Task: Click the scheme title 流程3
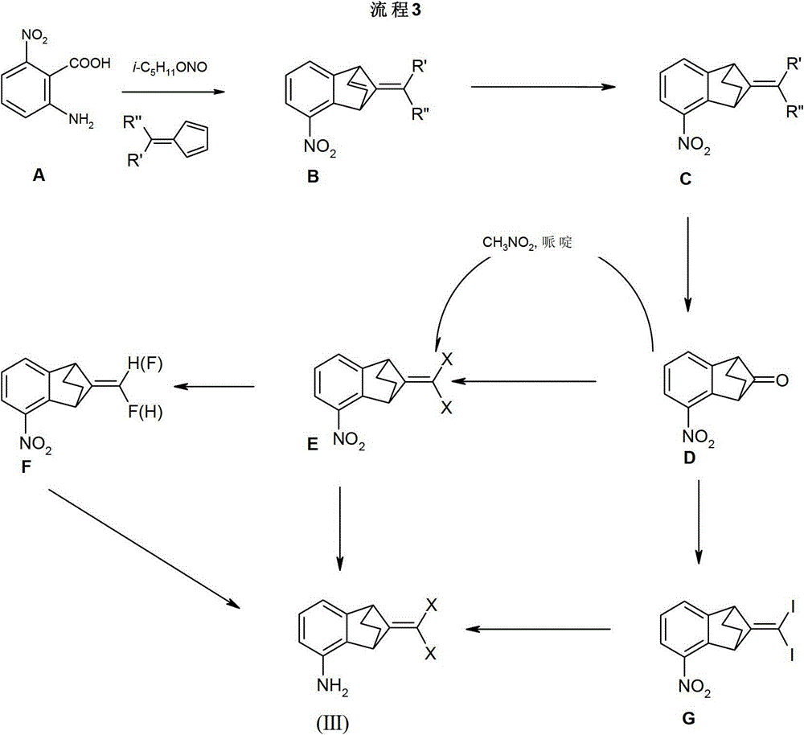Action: [x=401, y=11]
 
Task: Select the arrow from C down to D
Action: [x=689, y=263]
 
